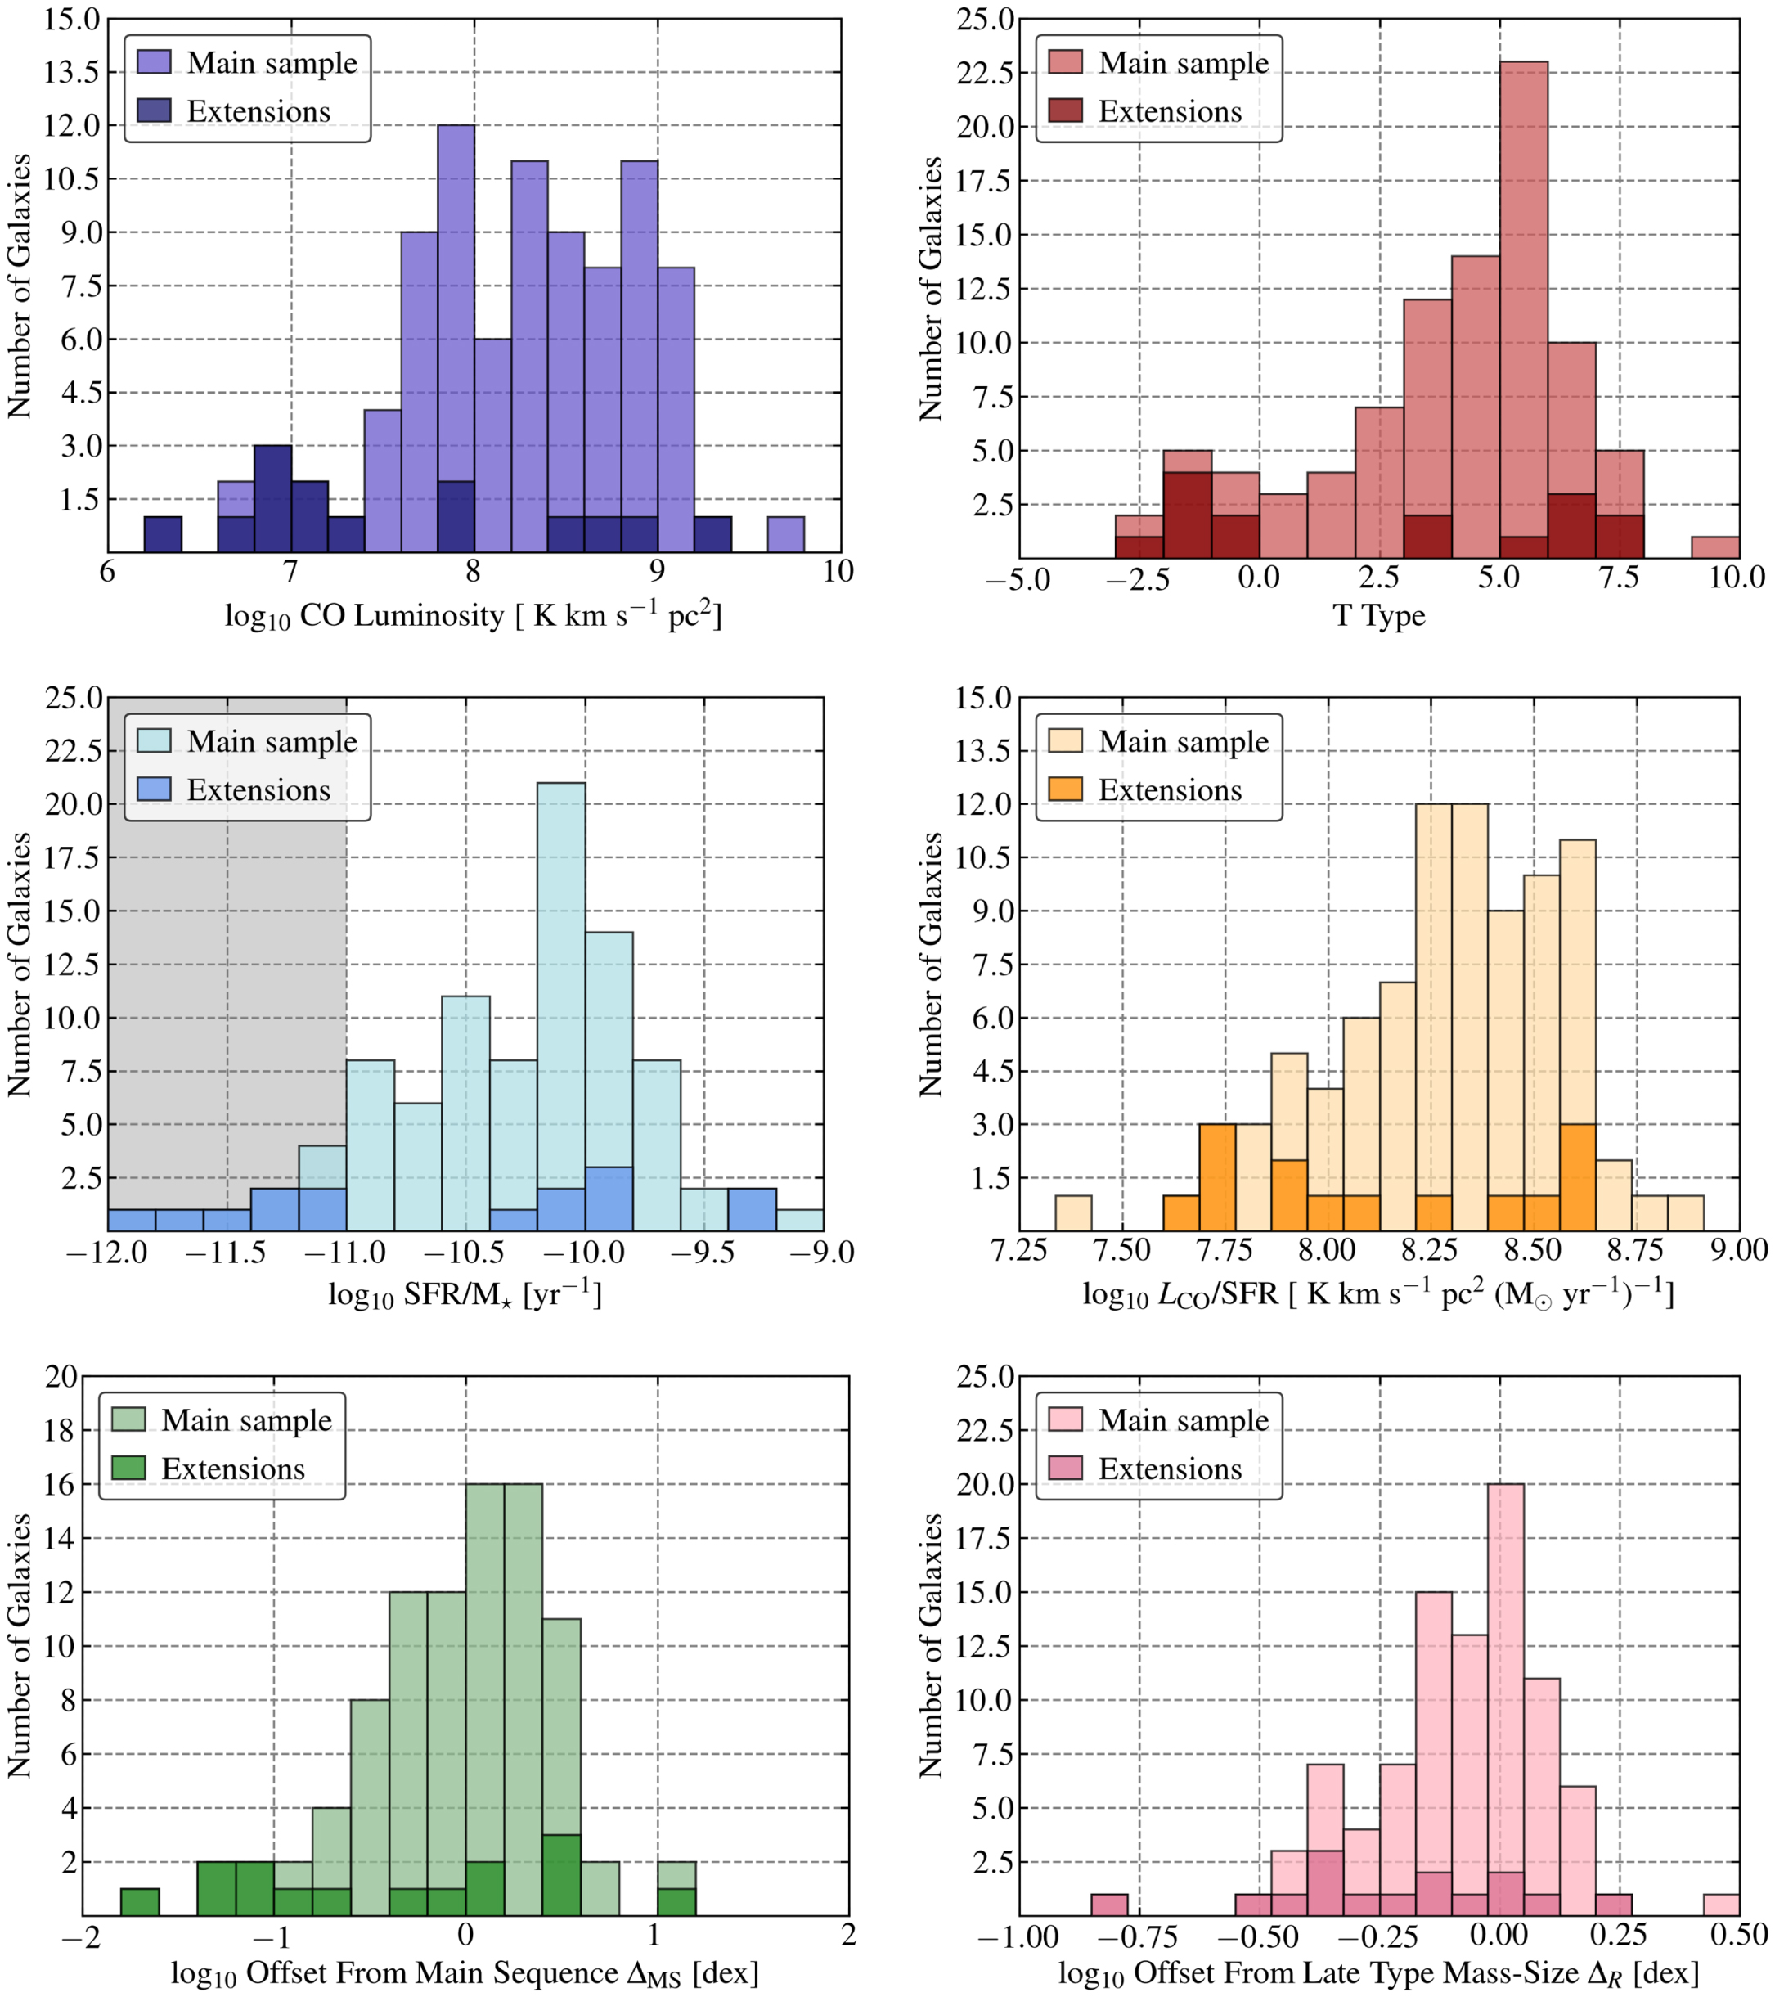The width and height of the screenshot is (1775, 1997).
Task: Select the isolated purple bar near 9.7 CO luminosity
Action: point(785,534)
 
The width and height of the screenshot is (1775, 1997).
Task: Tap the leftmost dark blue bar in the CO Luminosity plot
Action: point(163,534)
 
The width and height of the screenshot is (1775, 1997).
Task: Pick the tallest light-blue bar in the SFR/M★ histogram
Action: point(562,1006)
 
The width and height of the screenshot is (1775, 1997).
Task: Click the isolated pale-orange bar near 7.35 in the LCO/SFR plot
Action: point(1074,1212)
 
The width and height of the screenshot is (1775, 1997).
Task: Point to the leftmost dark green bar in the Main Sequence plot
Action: point(140,1901)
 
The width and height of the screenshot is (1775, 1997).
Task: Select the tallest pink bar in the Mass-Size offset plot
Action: point(1505,1700)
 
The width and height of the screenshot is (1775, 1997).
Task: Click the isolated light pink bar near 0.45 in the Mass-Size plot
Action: point(1721,1905)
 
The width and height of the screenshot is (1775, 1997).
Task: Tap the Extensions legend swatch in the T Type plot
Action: point(1065,110)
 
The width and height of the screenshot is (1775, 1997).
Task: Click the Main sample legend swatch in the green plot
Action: point(129,1419)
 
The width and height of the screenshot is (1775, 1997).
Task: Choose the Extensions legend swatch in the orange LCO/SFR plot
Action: point(1065,789)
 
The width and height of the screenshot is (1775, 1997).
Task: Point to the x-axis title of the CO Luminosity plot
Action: point(473,617)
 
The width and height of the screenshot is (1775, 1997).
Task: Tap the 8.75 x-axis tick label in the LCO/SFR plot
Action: point(1636,1252)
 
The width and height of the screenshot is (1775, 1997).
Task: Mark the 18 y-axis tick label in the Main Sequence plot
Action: point(61,1430)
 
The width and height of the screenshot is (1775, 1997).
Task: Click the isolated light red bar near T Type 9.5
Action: point(1715,547)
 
